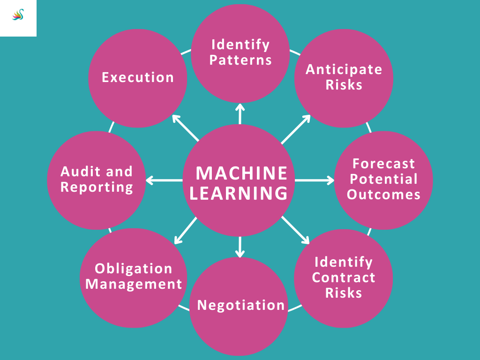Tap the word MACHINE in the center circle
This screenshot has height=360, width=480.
point(241,173)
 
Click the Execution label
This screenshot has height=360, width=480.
point(138,77)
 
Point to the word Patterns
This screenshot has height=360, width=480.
point(240,60)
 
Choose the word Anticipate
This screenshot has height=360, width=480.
point(344,69)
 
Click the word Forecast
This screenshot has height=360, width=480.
point(384,164)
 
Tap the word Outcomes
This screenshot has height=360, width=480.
point(384,195)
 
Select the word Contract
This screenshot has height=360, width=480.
point(344,277)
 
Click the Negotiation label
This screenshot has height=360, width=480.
point(241,305)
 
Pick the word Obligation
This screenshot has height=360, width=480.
point(134,269)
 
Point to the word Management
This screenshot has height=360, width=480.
point(134,284)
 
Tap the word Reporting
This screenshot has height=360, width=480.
point(97,187)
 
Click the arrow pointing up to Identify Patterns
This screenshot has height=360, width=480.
point(240,114)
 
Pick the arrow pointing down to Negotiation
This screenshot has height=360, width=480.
point(240,247)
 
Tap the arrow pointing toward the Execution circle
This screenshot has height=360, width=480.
point(185,127)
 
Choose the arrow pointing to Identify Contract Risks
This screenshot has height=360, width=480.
point(296,231)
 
